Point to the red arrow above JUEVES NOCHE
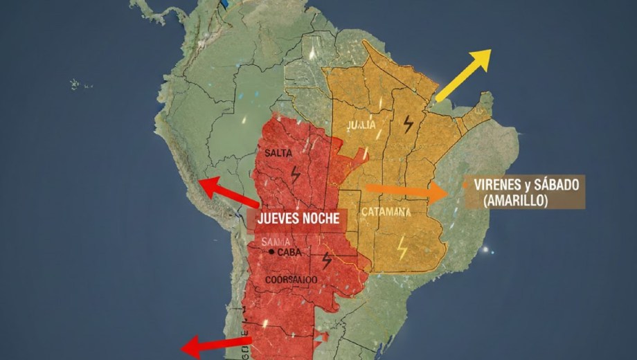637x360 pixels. pyautogui.click(x=228, y=192)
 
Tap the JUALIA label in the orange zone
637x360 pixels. pyautogui.click(x=362, y=125)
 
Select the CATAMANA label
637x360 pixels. pyautogui.click(x=386, y=212)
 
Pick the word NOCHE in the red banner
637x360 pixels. pyautogui.click(x=323, y=217)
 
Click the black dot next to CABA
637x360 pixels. pyautogui.click(x=271, y=253)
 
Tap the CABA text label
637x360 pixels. pyautogui.click(x=289, y=253)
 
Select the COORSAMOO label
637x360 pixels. pyautogui.click(x=291, y=280)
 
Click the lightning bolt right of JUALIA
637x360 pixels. pyautogui.click(x=409, y=124)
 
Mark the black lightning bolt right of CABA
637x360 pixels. pyautogui.click(x=327, y=260)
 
